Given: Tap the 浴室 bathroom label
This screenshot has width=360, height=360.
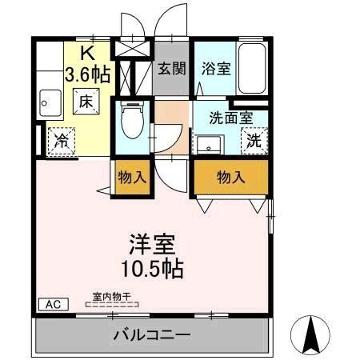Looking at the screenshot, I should coord(217,68).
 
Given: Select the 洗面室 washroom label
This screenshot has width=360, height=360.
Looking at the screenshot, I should coord(231,117).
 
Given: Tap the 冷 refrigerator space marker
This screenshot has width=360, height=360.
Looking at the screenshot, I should coord(62,141).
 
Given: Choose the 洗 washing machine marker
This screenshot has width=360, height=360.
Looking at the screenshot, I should coord(253,142).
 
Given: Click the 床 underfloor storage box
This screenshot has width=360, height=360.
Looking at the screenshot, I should coord(86,102).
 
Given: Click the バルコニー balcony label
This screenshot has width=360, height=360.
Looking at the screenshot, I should coord(151,335).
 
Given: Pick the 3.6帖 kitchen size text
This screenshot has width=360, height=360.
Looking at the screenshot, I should coord(87,75).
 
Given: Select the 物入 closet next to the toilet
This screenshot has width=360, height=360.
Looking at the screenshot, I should coord(132,177).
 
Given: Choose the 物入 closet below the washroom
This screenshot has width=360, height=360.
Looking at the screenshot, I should coord(230,177).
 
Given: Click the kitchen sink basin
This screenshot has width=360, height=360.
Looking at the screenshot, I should coord(48,101).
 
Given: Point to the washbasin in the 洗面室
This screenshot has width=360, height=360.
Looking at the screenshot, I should coord(210,145).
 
